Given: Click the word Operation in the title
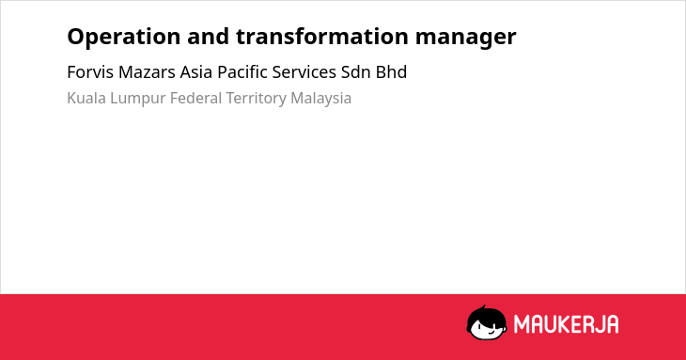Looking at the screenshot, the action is pos(124,38).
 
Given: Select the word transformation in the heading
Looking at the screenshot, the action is pos(322,37).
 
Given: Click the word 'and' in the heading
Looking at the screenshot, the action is pos(209,37).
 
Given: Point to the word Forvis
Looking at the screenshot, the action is pos(90,72).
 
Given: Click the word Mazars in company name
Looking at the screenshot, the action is pos(147,72).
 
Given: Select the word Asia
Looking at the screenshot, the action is pos(196,72).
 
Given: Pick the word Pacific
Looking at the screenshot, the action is pos(242,72).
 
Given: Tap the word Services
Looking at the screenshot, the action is pos(304,72).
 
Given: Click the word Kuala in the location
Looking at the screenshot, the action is pos(86,98).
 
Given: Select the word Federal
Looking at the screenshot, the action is pos(196,98).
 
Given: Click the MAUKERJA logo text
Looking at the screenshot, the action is pos(566,324).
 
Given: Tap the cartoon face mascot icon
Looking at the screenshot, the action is pos(487,322).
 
